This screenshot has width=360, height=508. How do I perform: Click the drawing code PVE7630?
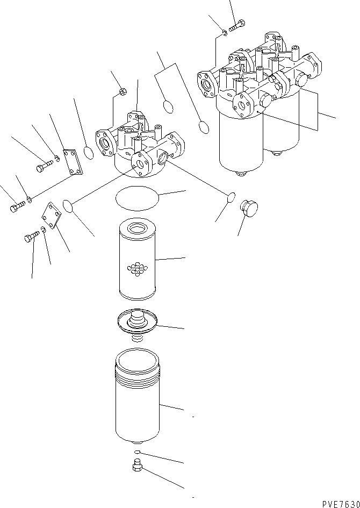pyautogui.click(x=340, y=504)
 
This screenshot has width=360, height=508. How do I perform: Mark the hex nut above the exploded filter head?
pyautogui.click(x=122, y=91)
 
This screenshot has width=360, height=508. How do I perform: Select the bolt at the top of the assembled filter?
pyautogui.click(x=237, y=25)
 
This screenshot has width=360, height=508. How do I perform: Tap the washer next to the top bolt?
pyautogui.click(x=225, y=34)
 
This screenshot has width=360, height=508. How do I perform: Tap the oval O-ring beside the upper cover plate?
pyautogui.click(x=89, y=153)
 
